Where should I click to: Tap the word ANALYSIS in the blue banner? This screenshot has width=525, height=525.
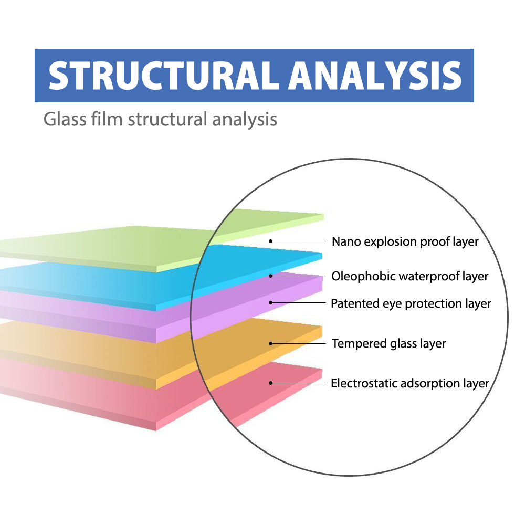(x=376, y=76)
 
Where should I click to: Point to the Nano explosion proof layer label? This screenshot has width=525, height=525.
(x=405, y=242)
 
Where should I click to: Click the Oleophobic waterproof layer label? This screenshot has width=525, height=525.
(x=409, y=276)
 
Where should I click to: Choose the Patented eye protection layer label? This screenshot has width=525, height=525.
(x=411, y=303)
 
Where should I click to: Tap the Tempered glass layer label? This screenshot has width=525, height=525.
(x=388, y=344)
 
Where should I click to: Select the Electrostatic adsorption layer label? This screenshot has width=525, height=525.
(x=410, y=384)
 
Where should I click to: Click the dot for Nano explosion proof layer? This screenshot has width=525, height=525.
(x=271, y=241)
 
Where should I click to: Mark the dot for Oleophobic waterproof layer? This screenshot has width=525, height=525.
(x=271, y=276)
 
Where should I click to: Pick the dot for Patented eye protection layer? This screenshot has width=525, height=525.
(x=271, y=302)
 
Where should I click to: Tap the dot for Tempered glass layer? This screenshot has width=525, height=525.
(x=271, y=344)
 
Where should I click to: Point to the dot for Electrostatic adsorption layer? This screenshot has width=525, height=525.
(x=271, y=383)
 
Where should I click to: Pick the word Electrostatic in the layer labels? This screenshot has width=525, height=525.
(x=364, y=384)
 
